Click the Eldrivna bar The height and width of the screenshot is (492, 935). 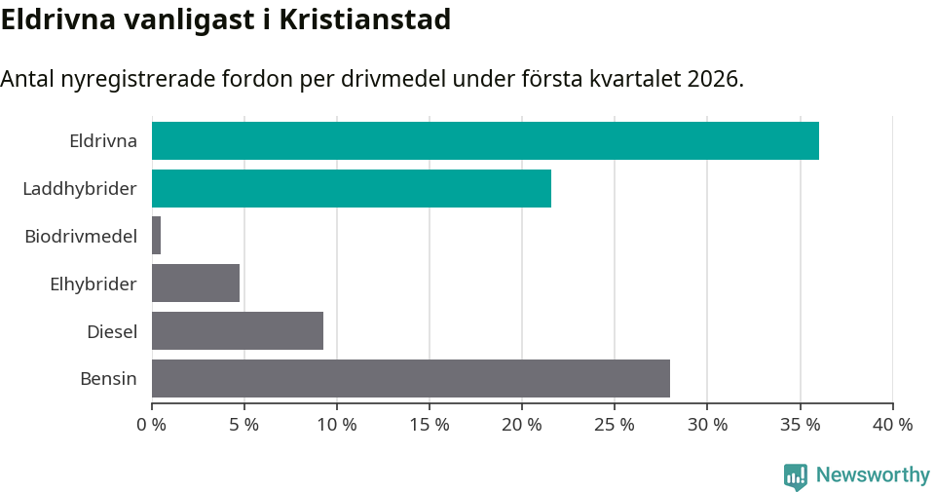(485, 140)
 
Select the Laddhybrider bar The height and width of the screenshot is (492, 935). (352, 188)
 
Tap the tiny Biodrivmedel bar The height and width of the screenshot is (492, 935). (156, 236)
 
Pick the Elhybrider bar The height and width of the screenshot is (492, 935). (196, 284)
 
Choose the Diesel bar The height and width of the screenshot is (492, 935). (238, 331)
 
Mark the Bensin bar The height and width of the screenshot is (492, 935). (411, 378)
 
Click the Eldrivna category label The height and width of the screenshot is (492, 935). (103, 140)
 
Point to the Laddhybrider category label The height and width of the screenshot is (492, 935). (80, 188)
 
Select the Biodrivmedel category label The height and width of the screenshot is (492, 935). (81, 236)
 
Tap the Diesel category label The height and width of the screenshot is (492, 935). (112, 331)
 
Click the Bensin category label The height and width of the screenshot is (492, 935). (108, 378)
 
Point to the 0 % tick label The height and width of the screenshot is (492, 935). (152, 425)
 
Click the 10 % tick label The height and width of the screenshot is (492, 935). (337, 425)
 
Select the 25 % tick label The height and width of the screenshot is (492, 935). (615, 425)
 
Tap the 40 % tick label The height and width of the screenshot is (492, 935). (892, 425)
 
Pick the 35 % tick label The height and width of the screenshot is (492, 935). (800, 425)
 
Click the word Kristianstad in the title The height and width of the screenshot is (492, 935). (364, 19)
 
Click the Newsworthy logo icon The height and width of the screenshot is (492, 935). (796, 475)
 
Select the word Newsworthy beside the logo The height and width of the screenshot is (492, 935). (873, 474)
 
